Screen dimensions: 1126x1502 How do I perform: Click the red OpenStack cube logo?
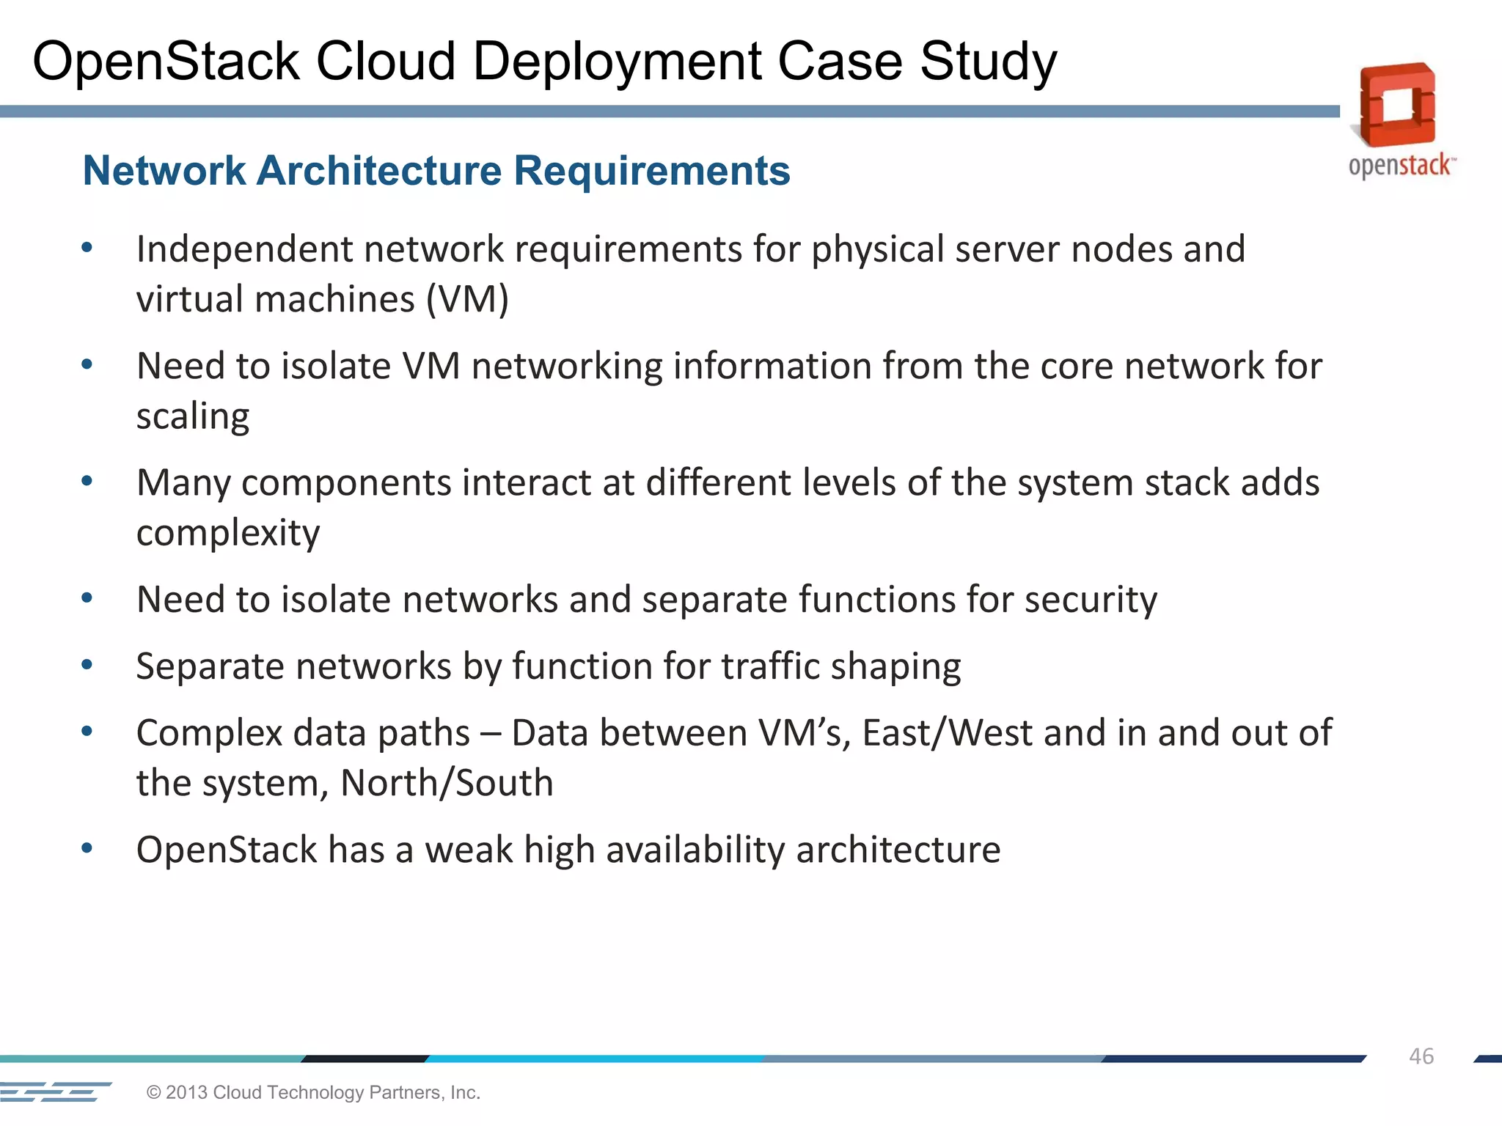[x=1397, y=105]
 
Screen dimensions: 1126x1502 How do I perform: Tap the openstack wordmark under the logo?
[x=1401, y=166]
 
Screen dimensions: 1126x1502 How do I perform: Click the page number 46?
[x=1421, y=1056]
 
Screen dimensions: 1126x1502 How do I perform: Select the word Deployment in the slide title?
[x=616, y=62]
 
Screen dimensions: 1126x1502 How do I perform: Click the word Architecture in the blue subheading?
[x=379, y=171]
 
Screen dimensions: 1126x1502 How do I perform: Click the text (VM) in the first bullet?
[x=467, y=299]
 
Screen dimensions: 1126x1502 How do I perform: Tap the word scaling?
[x=193, y=416]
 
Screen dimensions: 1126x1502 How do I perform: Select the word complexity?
[x=228, y=533]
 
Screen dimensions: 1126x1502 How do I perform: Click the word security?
[x=1091, y=600]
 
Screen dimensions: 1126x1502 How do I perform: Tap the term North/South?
[x=447, y=783]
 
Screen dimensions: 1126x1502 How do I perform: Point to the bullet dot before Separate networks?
[x=87, y=665]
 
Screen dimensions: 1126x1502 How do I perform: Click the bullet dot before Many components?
[x=87, y=481]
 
